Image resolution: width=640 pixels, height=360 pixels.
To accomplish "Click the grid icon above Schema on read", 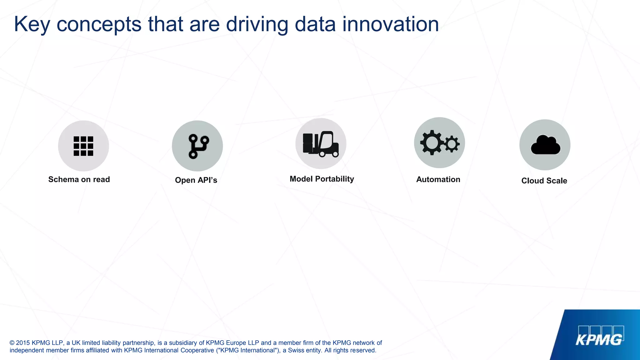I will pyautogui.click(x=83, y=146).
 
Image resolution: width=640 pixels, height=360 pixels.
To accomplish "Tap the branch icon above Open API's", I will pyautogui.click(x=198, y=146).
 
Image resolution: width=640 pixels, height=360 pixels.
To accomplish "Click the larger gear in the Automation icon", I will pyautogui.click(x=432, y=142).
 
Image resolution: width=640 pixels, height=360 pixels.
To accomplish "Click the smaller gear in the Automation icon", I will pyautogui.click(x=452, y=144).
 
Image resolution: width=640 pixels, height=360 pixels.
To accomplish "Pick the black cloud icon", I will pyautogui.click(x=545, y=145).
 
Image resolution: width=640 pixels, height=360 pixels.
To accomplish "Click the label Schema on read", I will pyautogui.click(x=79, y=179).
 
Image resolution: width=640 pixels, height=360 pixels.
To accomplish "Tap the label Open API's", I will pyautogui.click(x=196, y=180).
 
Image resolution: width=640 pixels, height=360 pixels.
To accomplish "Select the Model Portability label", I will pyautogui.click(x=322, y=179).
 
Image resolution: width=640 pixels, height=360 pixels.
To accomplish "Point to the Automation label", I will pyautogui.click(x=438, y=179).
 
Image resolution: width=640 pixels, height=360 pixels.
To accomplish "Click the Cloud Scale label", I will pyautogui.click(x=544, y=181).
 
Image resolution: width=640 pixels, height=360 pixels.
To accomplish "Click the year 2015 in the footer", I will pyautogui.click(x=23, y=343).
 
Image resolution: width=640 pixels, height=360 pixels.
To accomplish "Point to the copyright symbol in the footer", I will pyautogui.click(x=12, y=343).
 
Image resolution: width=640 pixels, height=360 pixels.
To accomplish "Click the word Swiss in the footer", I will pyautogui.click(x=296, y=350).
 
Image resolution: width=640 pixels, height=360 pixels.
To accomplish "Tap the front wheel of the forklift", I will pyautogui.click(x=335, y=154).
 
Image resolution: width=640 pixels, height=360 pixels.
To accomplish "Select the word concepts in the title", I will pyautogui.click(x=99, y=24).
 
